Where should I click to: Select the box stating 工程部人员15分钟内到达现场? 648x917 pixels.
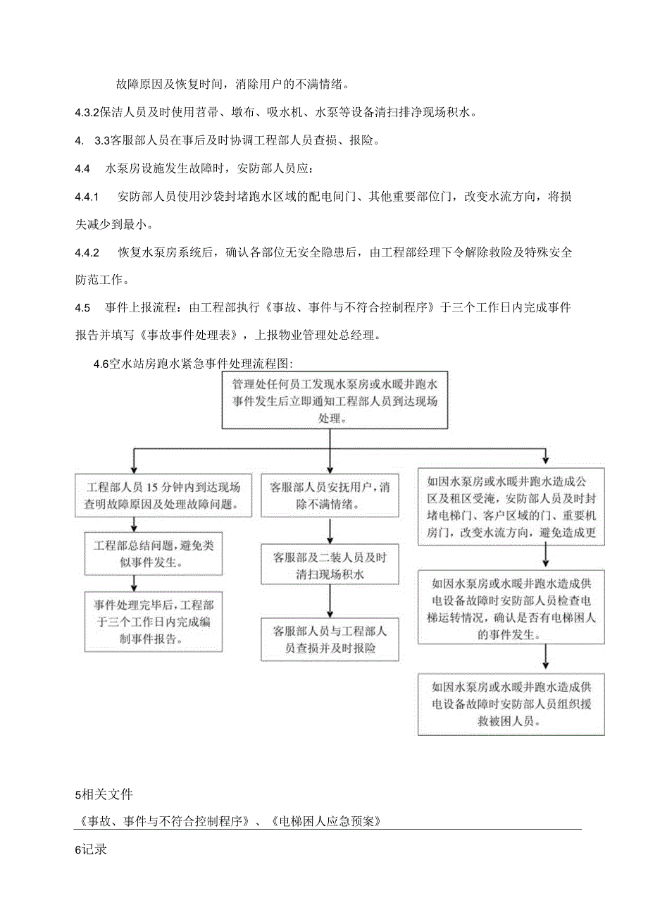pos(163,496)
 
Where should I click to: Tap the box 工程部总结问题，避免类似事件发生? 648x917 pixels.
pos(154,554)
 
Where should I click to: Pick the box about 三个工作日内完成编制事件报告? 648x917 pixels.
pos(154,613)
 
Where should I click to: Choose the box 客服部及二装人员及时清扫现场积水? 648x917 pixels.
pos(330,564)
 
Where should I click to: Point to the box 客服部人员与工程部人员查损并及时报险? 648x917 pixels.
pos(330,639)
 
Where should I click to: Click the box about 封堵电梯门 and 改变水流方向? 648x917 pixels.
pos(511,507)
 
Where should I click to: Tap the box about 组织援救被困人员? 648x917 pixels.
pos(511,705)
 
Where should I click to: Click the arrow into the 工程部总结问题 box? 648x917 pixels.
pos(134,526)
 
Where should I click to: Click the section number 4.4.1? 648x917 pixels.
pos(87,195)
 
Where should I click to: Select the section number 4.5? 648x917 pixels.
pos(82,307)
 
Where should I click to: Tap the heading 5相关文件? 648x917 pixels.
pos(103,796)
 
